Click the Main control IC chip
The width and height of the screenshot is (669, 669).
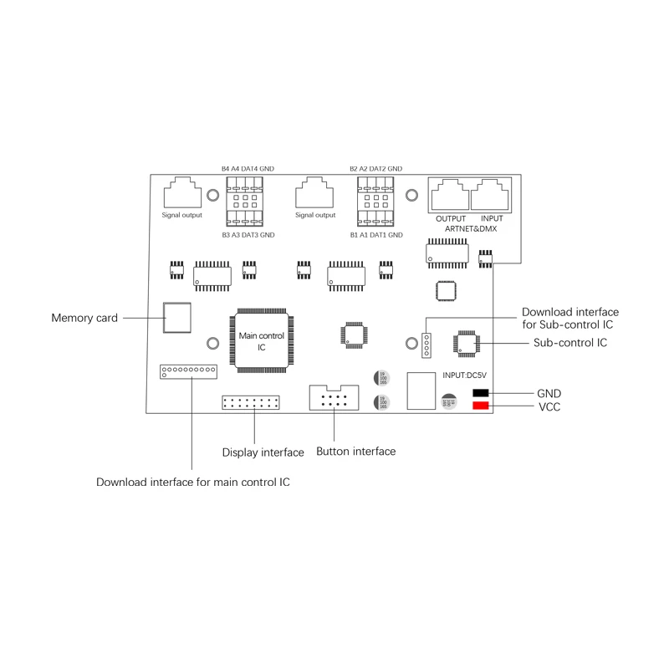point(262,340)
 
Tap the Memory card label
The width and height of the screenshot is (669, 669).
point(84,318)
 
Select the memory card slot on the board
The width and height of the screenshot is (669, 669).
point(176,318)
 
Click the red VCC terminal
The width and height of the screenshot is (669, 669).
point(481,406)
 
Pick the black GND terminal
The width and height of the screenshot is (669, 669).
point(481,393)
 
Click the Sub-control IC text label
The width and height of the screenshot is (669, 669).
point(570,343)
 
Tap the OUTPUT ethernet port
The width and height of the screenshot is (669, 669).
point(449,197)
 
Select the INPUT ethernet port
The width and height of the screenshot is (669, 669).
point(491,197)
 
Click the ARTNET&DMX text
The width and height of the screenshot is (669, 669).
point(471,228)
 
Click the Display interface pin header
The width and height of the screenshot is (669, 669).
point(251,402)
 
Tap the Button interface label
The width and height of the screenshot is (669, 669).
point(355,452)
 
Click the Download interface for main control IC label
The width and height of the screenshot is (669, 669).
point(193,482)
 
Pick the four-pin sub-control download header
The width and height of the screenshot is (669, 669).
point(426,344)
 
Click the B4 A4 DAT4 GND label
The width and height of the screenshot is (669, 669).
point(248,169)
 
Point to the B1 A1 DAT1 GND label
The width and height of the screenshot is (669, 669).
point(376,236)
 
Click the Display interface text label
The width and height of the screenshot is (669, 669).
point(263,452)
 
